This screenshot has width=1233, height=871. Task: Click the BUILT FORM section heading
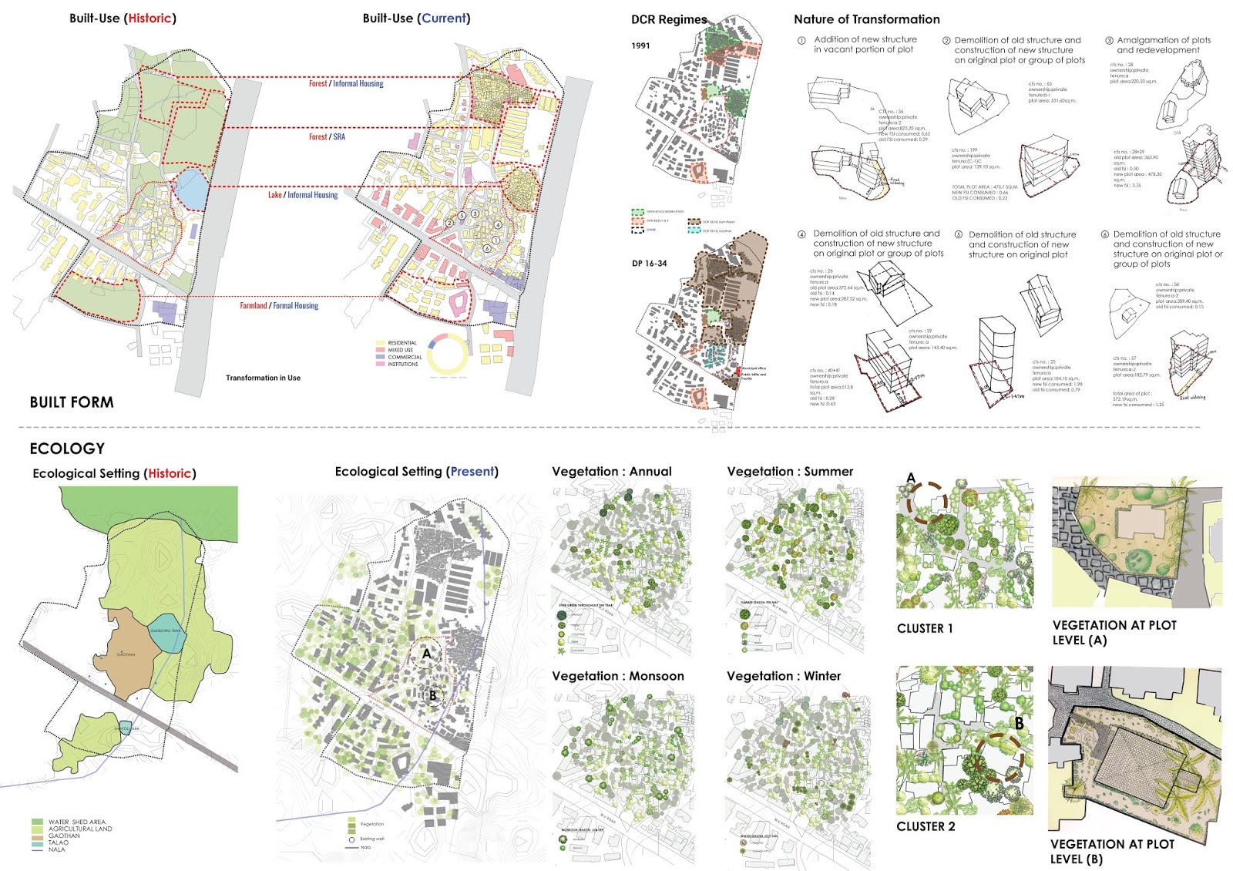[72, 402]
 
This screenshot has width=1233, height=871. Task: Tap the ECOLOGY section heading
[67, 449]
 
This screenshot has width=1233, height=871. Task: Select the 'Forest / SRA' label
[327, 137]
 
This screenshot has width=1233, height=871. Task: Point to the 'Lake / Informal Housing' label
[303, 195]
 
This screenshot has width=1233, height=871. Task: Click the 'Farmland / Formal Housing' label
[279, 306]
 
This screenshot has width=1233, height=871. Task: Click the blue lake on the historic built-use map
[191, 190]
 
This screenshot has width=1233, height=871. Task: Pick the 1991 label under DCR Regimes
[640, 45]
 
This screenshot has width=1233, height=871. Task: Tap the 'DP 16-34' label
[650, 264]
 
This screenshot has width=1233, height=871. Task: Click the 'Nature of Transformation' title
[867, 19]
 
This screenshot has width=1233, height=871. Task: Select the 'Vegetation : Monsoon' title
[618, 676]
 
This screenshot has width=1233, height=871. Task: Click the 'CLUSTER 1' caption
[925, 629]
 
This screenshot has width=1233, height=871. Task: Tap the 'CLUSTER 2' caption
[926, 826]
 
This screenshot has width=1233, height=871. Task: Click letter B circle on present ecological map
[432, 695]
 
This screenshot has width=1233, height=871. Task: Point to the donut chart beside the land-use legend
[447, 355]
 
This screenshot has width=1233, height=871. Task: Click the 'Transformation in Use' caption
[263, 378]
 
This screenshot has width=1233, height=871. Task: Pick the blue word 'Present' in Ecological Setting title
[472, 472]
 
